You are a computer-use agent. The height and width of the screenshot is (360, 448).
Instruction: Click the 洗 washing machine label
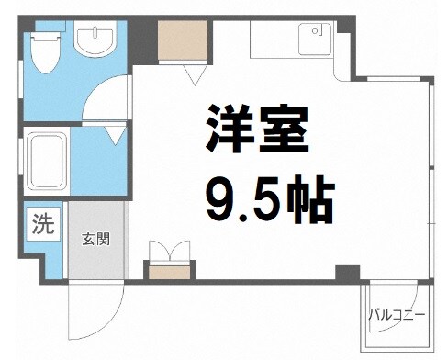43,221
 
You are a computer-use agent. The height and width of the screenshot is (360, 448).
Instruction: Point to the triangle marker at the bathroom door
114,136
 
